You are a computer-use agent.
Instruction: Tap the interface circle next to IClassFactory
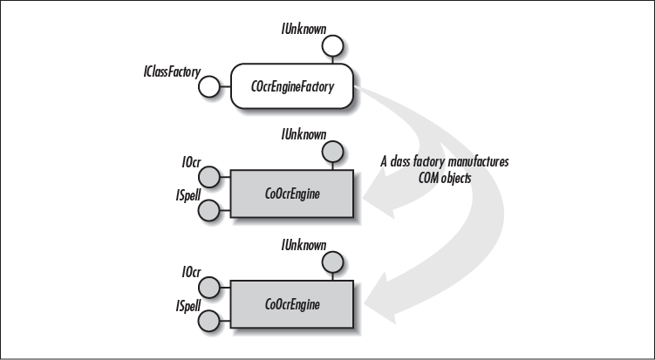click(x=208, y=85)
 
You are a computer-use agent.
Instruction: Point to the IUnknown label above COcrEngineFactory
click(x=304, y=28)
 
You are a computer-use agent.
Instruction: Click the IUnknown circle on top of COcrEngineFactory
click(x=336, y=47)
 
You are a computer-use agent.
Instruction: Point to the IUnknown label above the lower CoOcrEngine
click(x=304, y=245)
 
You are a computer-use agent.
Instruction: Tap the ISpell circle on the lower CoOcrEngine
click(x=208, y=319)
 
